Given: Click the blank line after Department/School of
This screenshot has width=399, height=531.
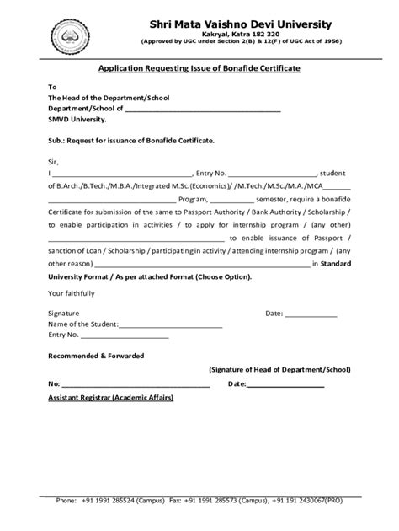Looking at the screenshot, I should click(x=203, y=110).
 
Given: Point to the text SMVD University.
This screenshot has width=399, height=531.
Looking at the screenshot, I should click(x=77, y=119).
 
